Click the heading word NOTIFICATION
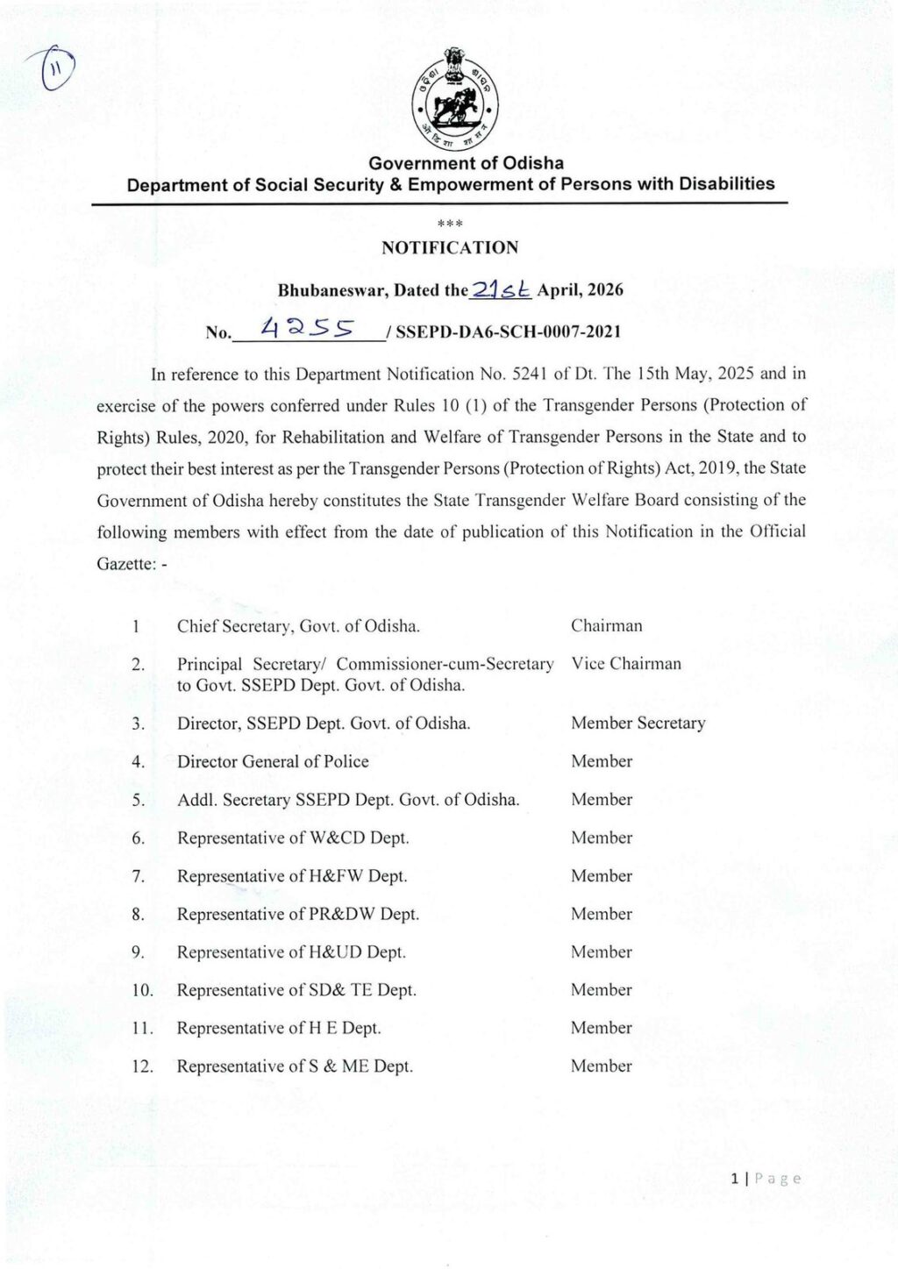(x=450, y=248)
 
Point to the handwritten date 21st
(x=502, y=289)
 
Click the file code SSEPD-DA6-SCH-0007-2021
(x=509, y=332)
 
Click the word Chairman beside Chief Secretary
(x=606, y=626)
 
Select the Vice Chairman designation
(x=626, y=664)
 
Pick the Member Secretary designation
(x=638, y=724)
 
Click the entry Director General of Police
(x=273, y=762)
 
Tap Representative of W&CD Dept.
(x=293, y=838)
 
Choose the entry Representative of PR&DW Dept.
(x=298, y=915)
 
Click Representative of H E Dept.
(x=279, y=1028)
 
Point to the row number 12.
(x=142, y=1067)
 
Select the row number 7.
(x=138, y=876)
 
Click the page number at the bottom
(x=735, y=1180)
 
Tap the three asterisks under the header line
(x=450, y=224)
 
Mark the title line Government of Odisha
(x=466, y=163)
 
